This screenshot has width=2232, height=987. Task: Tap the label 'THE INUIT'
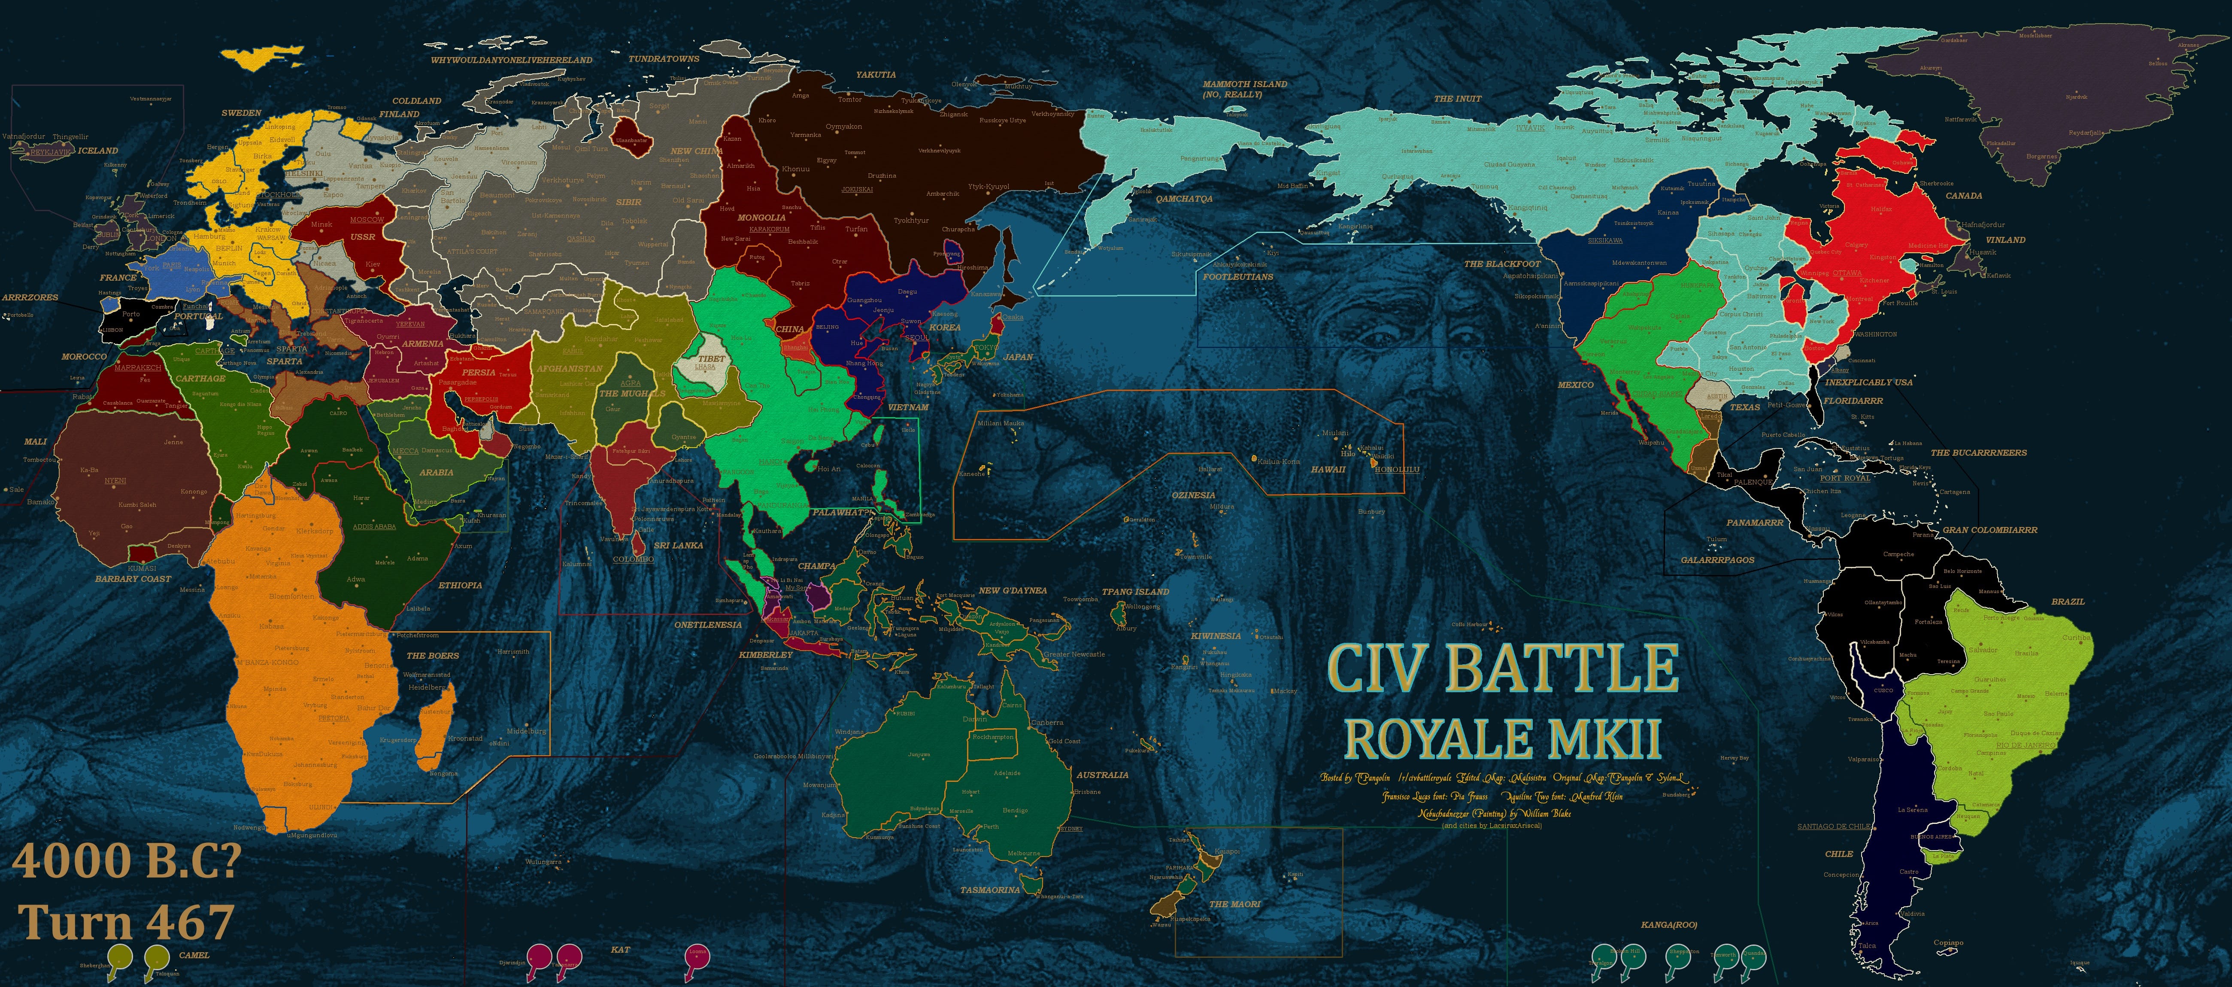(x=1457, y=99)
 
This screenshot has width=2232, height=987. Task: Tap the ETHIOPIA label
(x=460, y=585)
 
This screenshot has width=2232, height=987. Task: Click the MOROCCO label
(x=84, y=356)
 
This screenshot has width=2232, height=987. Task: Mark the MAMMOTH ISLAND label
(x=1244, y=84)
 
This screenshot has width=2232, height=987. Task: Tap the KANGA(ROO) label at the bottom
(x=1669, y=925)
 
